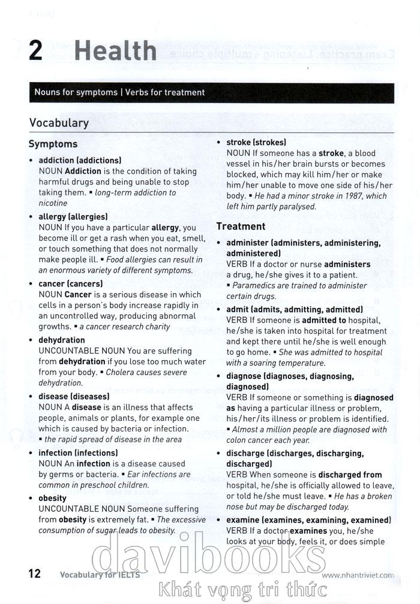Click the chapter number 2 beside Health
[35, 51]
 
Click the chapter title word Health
[115, 51]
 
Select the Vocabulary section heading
[59, 123]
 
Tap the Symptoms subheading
[53, 144]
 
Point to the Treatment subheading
[241, 226]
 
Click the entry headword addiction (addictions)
[80, 161]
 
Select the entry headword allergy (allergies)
[73, 216]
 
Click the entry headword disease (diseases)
[74, 396]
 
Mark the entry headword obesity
[53, 498]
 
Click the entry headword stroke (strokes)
[256, 143]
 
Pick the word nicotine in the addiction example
[53, 203]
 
